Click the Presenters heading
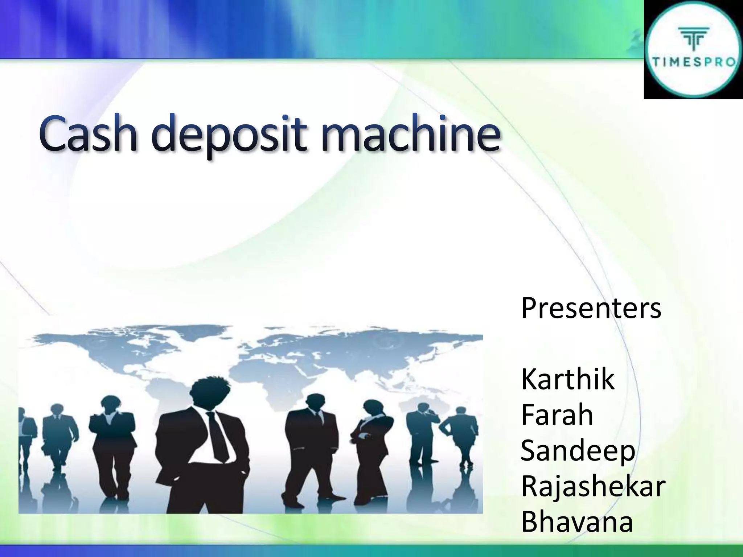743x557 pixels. click(591, 308)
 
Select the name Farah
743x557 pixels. click(557, 415)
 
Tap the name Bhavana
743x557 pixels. click(577, 522)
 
